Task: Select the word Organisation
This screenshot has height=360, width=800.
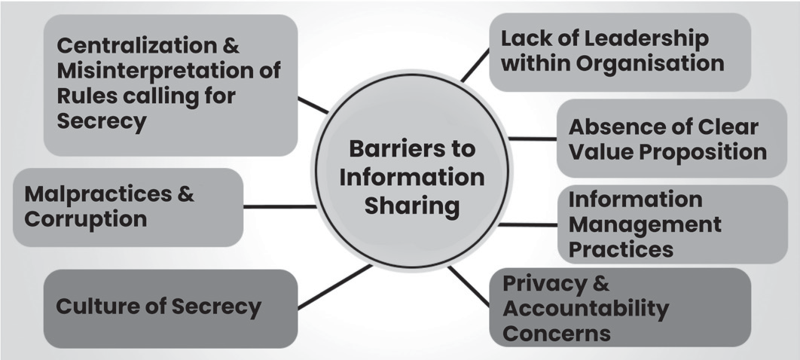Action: tap(651, 64)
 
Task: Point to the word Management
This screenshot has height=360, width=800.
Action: tap(645, 224)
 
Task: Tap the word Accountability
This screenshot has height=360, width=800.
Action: tap(585, 309)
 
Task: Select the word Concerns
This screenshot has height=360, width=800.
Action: tap(557, 333)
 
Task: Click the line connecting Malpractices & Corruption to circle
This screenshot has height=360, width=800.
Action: tap(279, 207)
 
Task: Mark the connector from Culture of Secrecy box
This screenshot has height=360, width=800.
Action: tap(334, 287)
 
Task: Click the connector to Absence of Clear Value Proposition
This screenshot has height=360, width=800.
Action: tap(532, 139)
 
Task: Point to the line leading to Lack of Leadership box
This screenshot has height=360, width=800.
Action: tap(475, 66)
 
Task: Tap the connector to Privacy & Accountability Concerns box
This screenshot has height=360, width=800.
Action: tap(469, 287)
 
